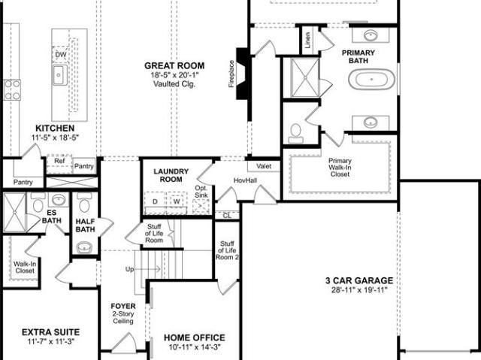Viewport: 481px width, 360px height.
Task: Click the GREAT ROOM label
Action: point(174,65)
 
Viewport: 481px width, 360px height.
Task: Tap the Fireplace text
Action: point(231,74)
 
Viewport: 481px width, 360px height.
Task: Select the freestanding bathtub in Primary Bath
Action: point(371,79)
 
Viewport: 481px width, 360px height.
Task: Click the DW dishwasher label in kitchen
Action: point(61,55)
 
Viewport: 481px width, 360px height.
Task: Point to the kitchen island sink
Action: point(60,75)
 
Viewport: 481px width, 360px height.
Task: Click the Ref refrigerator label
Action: point(59,161)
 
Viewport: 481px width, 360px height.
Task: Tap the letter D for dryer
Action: point(156,201)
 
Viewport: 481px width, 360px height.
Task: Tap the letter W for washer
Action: point(177,201)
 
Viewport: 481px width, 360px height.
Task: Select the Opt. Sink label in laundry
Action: point(201,192)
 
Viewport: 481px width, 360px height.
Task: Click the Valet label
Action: point(264,166)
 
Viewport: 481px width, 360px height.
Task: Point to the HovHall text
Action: point(246,180)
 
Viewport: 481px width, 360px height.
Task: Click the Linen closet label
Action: point(307,40)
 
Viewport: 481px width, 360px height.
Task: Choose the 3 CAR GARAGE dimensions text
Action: point(359,290)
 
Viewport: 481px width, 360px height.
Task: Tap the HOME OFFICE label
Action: point(195,337)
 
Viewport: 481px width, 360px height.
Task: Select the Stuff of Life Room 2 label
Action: point(227,250)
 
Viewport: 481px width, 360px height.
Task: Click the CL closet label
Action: point(227,216)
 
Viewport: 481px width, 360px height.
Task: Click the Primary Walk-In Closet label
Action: point(340,168)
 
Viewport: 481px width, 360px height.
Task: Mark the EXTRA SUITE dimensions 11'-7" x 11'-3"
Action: point(51,341)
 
